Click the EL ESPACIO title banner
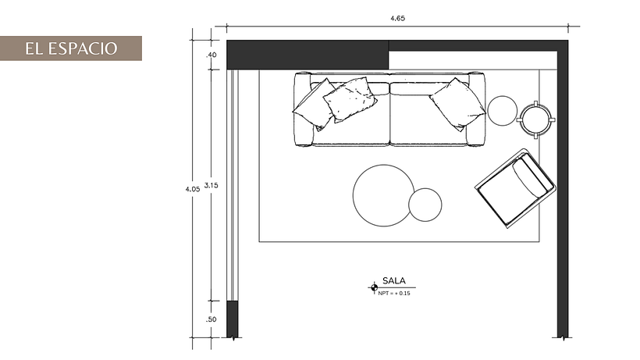[70, 48]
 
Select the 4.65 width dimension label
[398, 17]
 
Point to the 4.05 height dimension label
[192, 189]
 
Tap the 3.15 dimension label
[210, 185]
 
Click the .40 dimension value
[211, 55]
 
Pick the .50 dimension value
[211, 319]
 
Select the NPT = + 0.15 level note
[394, 294]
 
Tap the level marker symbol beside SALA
[372, 288]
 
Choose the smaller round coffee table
[425, 205]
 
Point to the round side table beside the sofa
[502, 110]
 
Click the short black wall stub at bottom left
[232, 319]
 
